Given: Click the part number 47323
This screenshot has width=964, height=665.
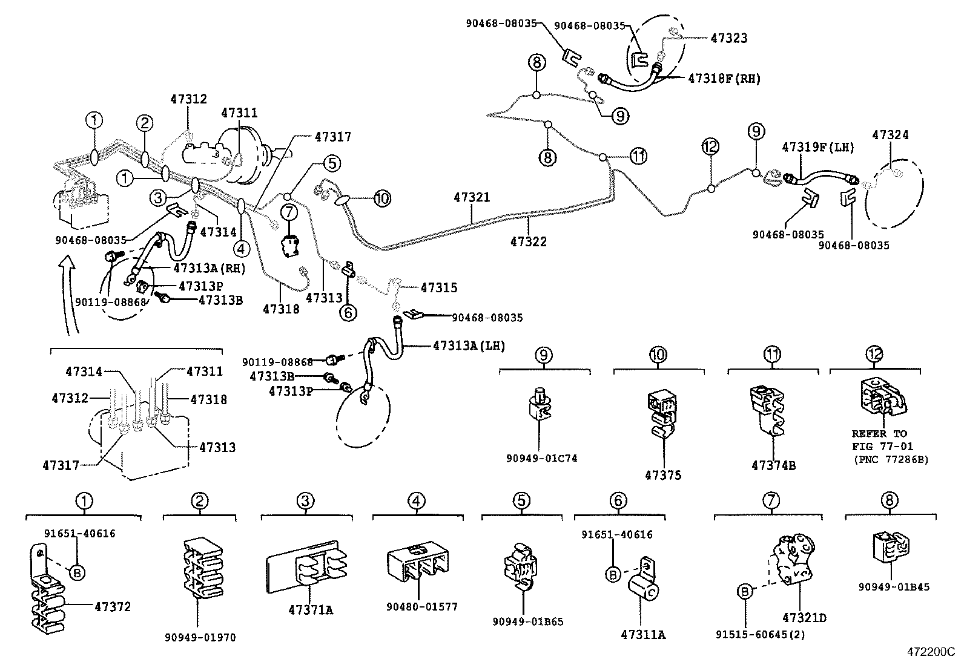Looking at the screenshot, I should (x=728, y=38).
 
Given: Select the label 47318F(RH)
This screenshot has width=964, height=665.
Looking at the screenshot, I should (x=724, y=79).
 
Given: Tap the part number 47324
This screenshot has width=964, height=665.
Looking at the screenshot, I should (x=890, y=135).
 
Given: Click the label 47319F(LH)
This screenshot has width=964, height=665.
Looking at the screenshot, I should (x=817, y=147).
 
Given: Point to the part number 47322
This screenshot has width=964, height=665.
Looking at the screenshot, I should (x=528, y=241).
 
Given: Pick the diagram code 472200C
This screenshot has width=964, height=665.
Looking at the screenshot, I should (x=930, y=652).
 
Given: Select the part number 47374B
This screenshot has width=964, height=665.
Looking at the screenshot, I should (x=773, y=465).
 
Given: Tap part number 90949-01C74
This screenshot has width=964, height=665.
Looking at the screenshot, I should (x=541, y=458).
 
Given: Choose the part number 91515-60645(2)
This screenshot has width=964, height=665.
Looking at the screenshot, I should (x=760, y=635).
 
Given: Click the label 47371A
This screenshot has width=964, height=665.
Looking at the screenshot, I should (x=311, y=610).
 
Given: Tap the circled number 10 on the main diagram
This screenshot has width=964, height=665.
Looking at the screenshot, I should (x=382, y=198).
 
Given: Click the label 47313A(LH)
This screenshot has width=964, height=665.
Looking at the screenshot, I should (x=469, y=346).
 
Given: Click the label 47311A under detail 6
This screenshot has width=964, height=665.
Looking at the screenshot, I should (x=642, y=635).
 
